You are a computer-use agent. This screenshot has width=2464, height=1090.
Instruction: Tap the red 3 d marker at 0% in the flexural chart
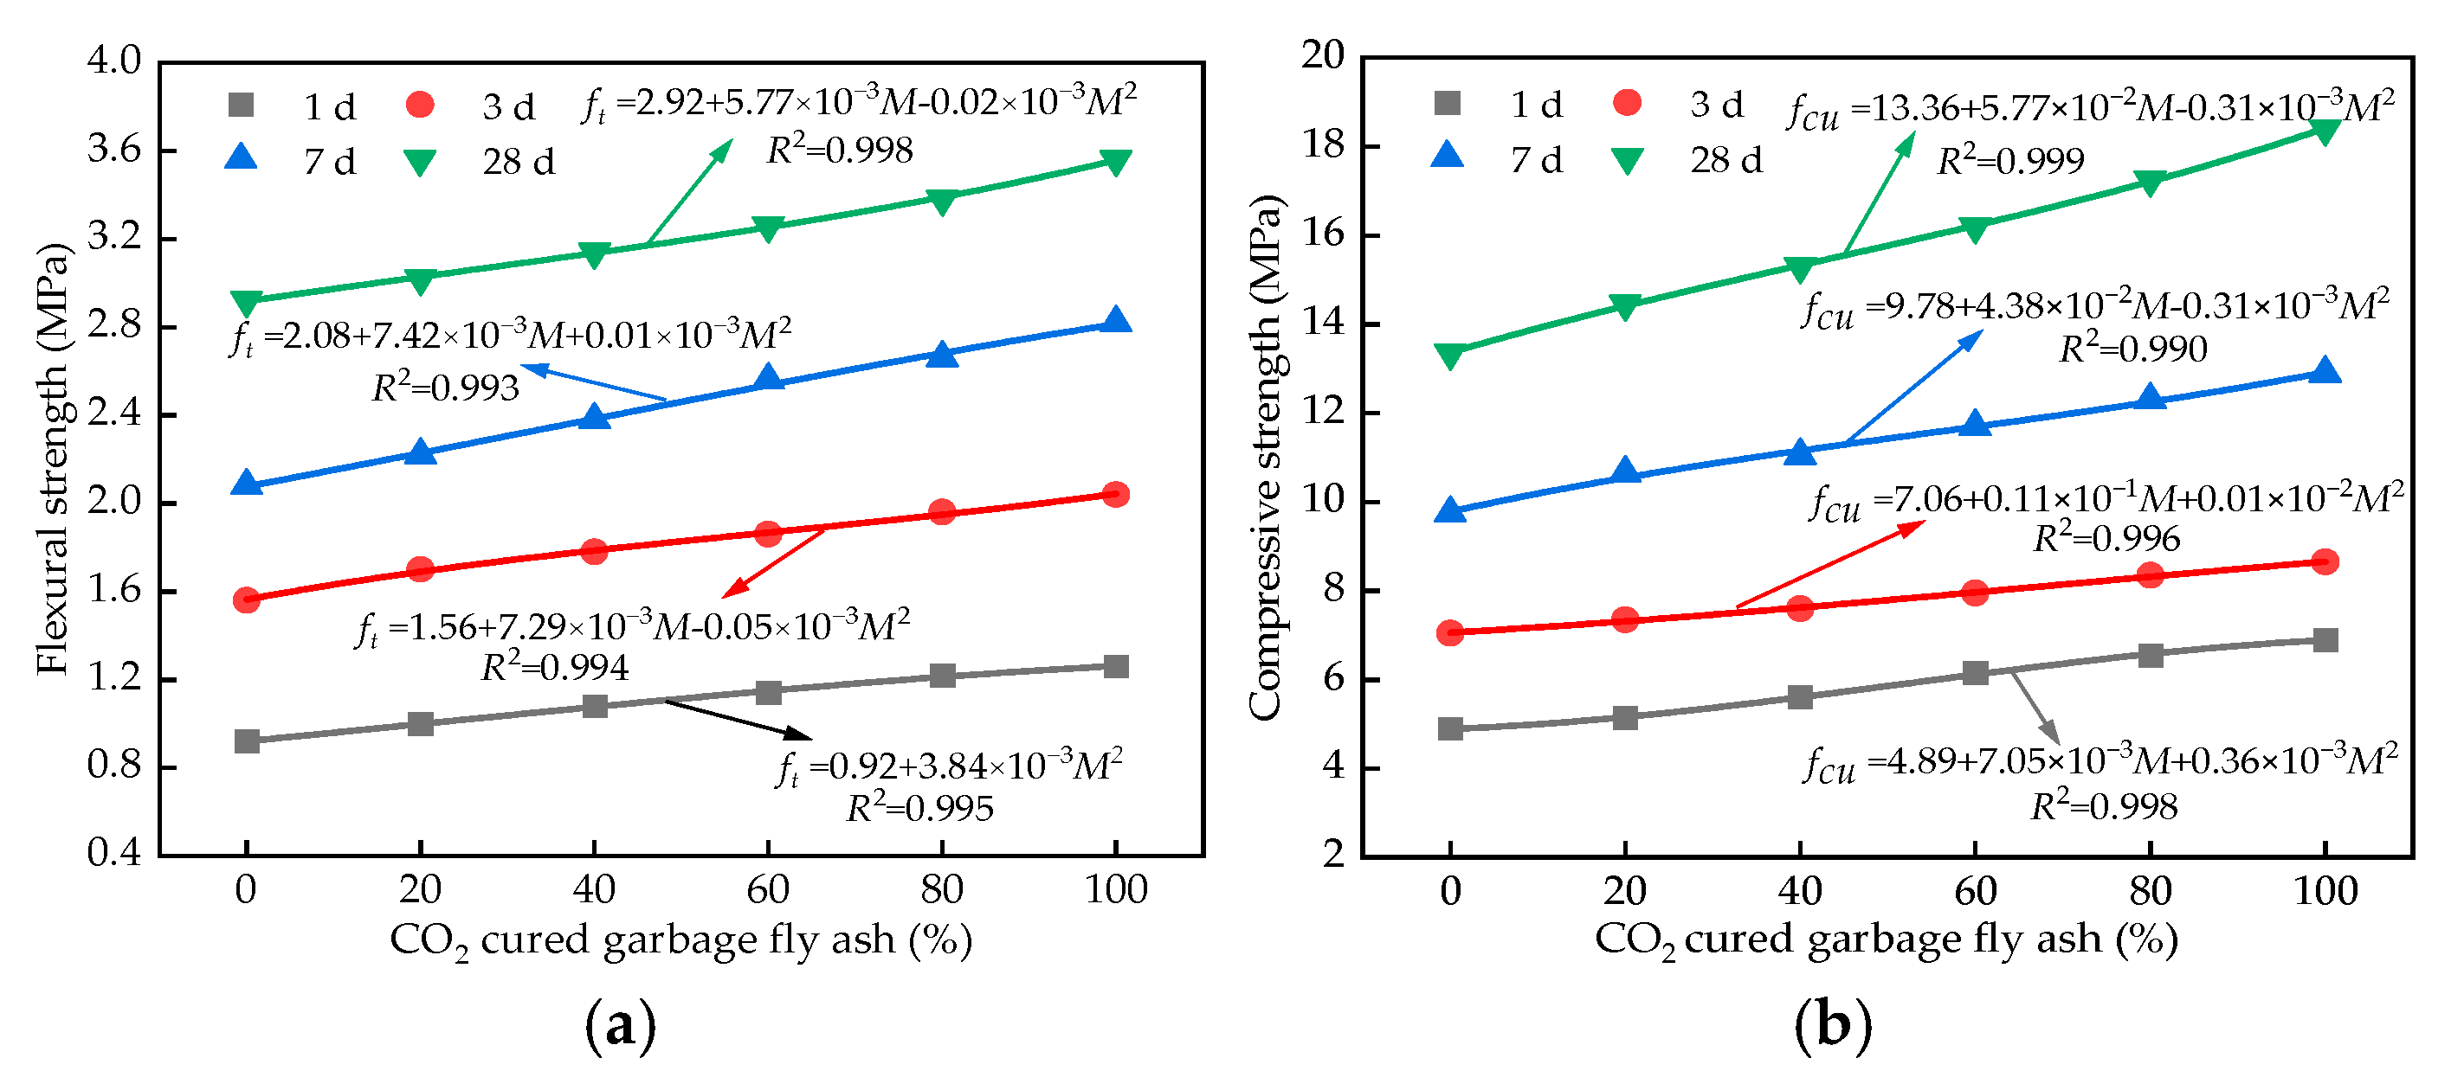[x=247, y=599]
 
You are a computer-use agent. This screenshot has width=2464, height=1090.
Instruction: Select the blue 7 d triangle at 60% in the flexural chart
[x=768, y=379]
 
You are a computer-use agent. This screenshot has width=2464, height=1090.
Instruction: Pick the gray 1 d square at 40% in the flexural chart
[x=594, y=706]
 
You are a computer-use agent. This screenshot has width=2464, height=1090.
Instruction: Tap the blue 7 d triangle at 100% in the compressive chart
[x=2325, y=371]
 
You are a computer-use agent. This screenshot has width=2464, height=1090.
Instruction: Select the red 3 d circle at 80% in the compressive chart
[x=2151, y=574]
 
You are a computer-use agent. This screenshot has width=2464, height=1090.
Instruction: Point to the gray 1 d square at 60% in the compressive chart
[x=1975, y=672]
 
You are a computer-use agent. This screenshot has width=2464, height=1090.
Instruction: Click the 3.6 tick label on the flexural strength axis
[x=113, y=151]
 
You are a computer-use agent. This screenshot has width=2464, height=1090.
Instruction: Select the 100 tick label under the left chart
[x=1115, y=889]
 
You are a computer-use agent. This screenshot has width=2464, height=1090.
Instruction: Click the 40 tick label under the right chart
[x=1800, y=891]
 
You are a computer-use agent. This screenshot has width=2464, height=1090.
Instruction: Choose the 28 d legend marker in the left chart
[x=419, y=163]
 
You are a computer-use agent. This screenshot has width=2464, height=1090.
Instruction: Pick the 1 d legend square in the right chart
[x=1448, y=103]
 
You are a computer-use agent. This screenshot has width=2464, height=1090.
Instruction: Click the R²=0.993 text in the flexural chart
[x=446, y=388]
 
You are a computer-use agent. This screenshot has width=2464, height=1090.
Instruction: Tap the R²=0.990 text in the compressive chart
[x=2132, y=349]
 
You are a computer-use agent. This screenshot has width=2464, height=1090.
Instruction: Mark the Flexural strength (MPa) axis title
[x=54, y=459]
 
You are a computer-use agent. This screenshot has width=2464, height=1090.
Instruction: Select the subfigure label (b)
[x=1833, y=1025]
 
